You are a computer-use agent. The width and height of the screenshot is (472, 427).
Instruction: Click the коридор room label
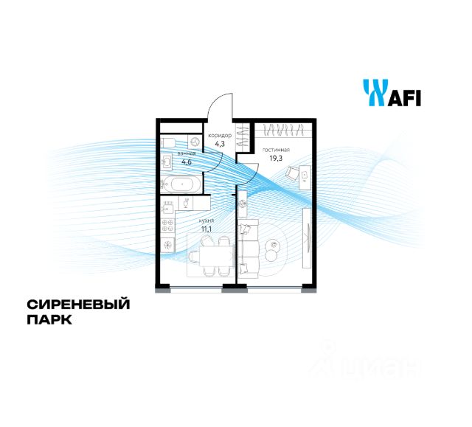(220, 136)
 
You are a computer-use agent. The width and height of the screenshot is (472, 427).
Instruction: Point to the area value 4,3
(220, 145)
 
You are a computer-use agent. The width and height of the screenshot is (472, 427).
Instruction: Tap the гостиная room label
(276, 150)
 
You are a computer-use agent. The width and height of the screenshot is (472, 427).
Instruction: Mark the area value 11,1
(206, 229)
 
